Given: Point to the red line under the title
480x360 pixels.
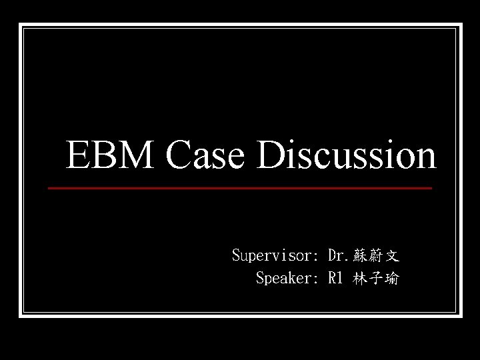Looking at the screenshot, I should click(240, 189).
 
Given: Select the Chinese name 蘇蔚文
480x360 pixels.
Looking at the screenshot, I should click(375, 255).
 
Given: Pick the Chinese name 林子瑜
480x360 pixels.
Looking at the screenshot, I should click(375, 279).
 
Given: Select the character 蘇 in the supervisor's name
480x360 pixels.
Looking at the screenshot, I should click(360, 255).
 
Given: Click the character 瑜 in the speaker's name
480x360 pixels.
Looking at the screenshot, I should click(391, 279).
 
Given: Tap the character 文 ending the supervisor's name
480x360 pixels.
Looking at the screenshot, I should click(391, 255).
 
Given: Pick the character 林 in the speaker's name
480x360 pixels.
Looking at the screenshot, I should click(360, 279).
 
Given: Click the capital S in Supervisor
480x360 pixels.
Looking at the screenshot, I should click(236, 255).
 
